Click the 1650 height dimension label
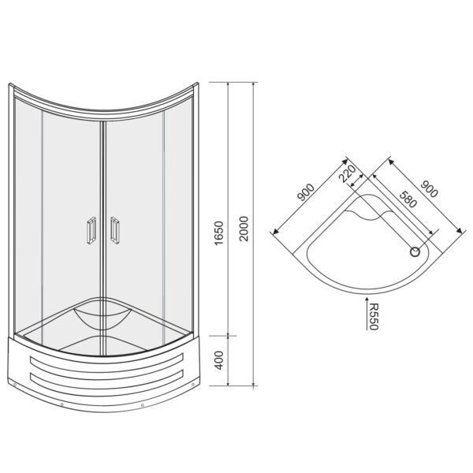point(218,233)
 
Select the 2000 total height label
point(244,229)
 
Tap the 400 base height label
point(218,360)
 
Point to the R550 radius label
point(374,317)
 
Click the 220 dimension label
point(347,174)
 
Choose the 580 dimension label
point(408,199)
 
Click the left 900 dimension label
point(306,192)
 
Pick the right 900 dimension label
point(429,189)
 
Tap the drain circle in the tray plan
point(415,252)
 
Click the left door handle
point(91,230)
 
